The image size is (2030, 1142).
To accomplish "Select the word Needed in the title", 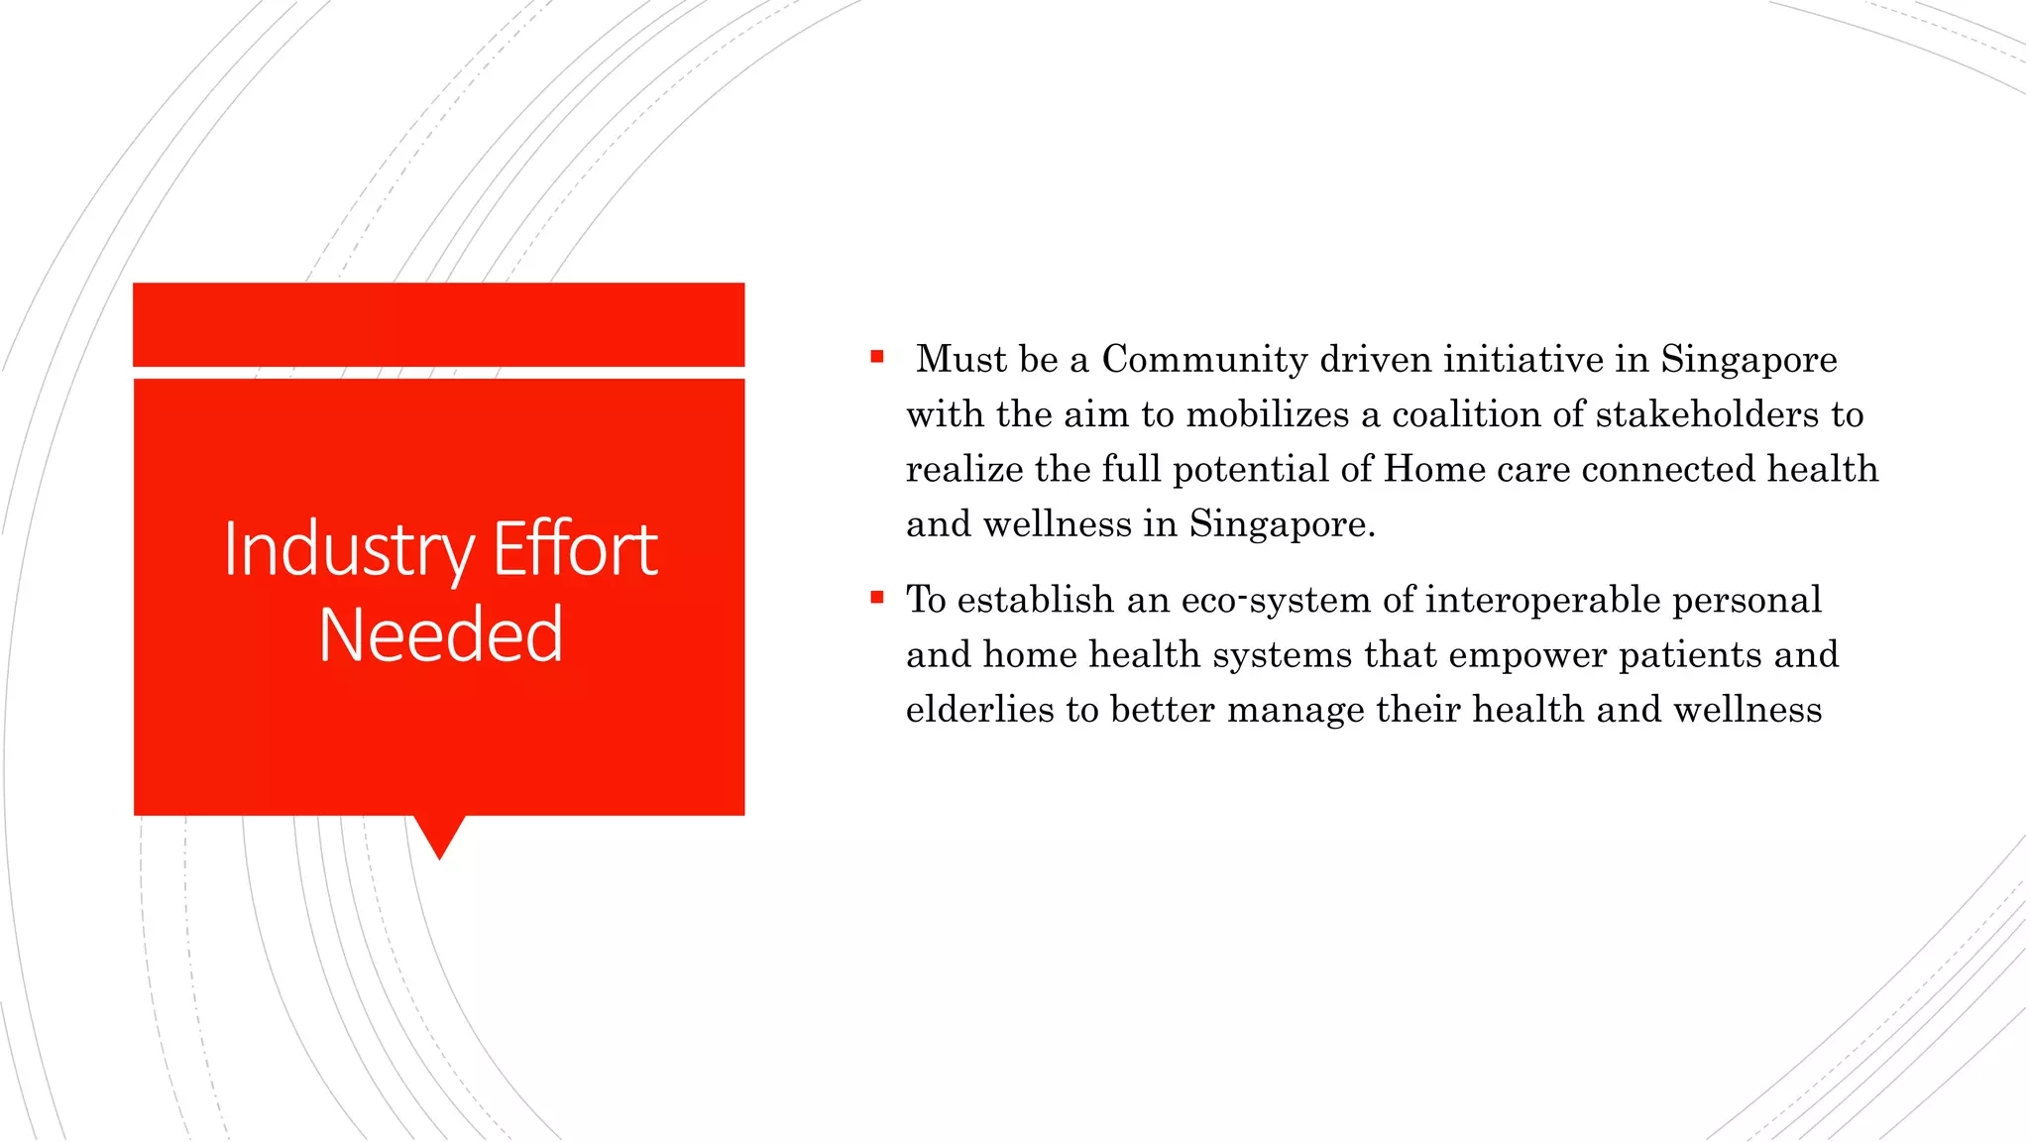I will tap(441, 634).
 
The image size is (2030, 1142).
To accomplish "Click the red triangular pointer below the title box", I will tap(439, 835).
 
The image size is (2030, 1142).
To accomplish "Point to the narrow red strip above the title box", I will tap(438, 324).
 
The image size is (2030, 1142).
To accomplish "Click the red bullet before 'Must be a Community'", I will tap(877, 357).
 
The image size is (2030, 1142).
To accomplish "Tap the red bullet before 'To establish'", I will tap(877, 597).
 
